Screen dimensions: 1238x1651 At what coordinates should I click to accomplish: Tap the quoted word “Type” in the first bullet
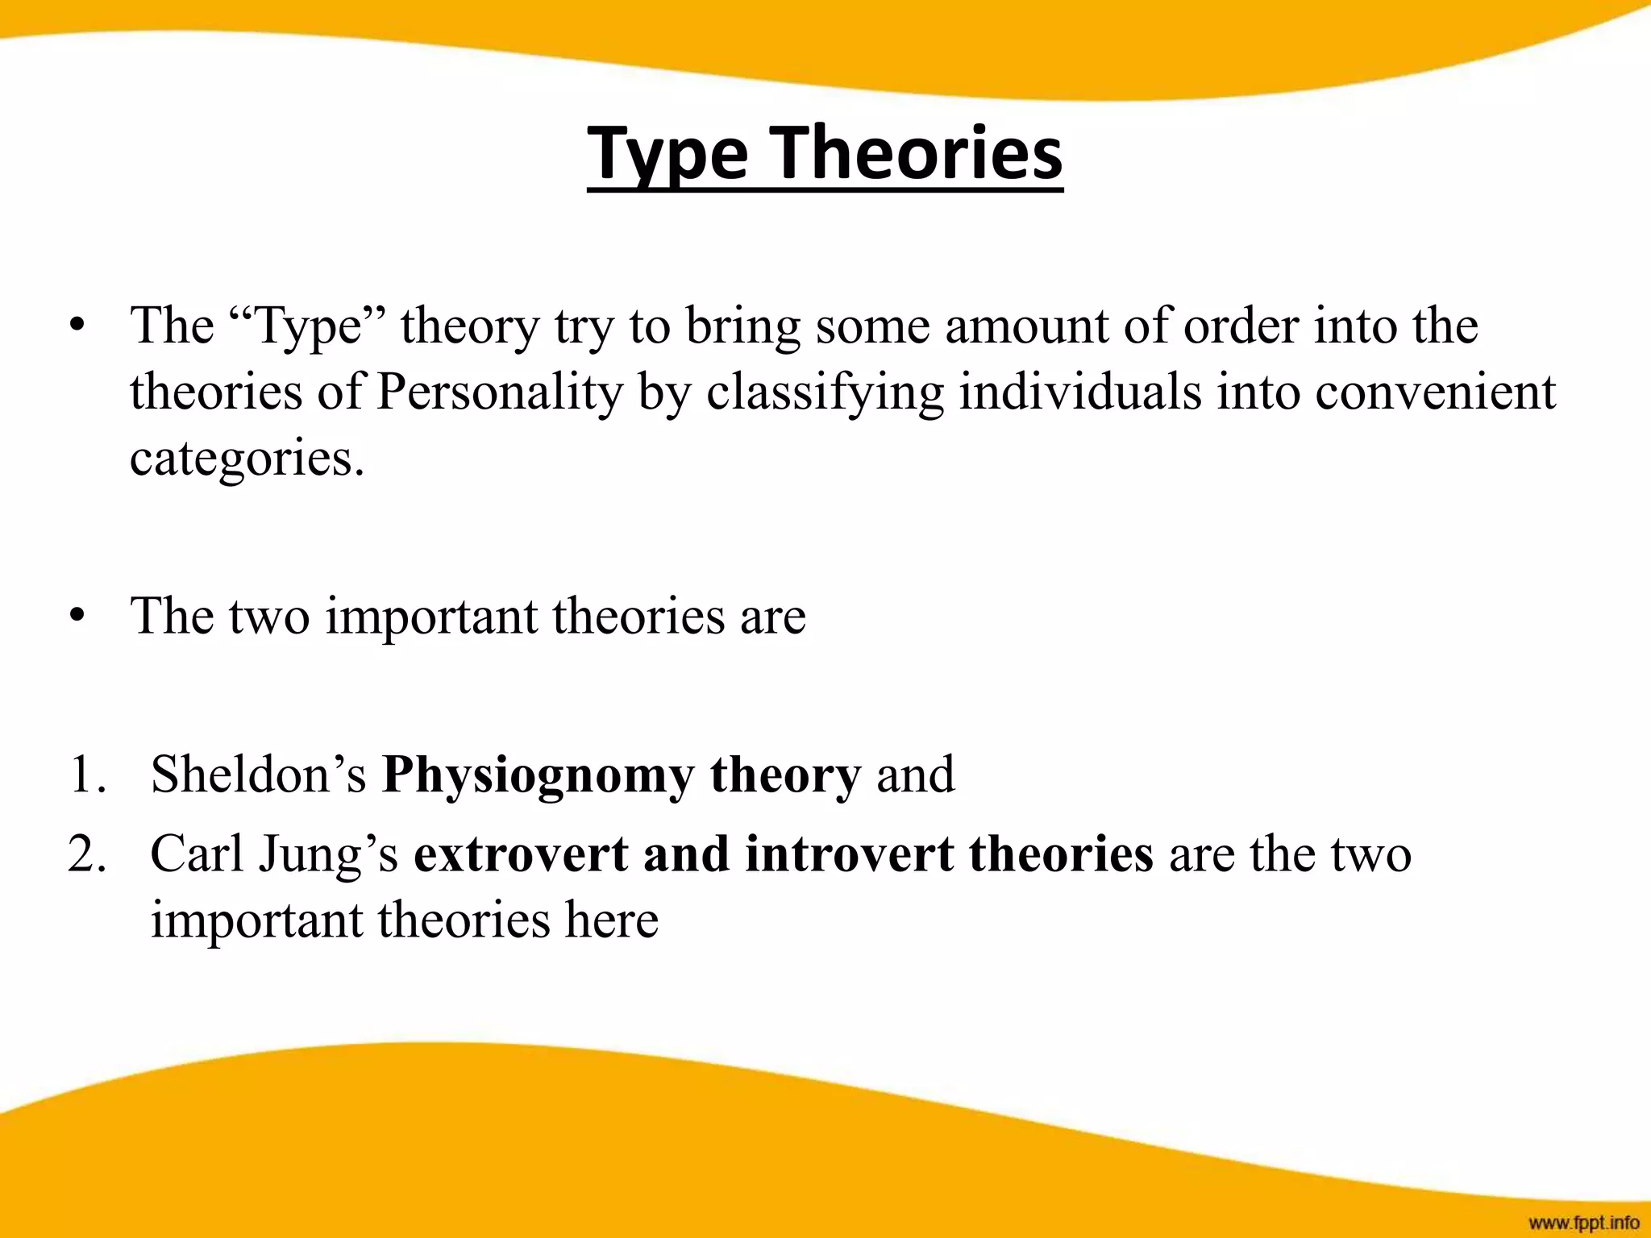pyautogui.click(x=306, y=326)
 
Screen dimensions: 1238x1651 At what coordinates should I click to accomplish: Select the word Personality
pyautogui.click(x=500, y=393)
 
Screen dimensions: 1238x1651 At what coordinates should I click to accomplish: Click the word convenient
pyautogui.click(x=1435, y=392)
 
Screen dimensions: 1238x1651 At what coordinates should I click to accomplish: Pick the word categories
pyautogui.click(x=247, y=459)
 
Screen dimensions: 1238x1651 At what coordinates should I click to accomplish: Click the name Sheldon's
pyautogui.click(x=258, y=775)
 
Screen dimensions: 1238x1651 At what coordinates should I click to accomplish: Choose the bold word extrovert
pyautogui.click(x=521, y=854)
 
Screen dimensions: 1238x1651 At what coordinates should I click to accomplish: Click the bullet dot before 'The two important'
pyautogui.click(x=77, y=617)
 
